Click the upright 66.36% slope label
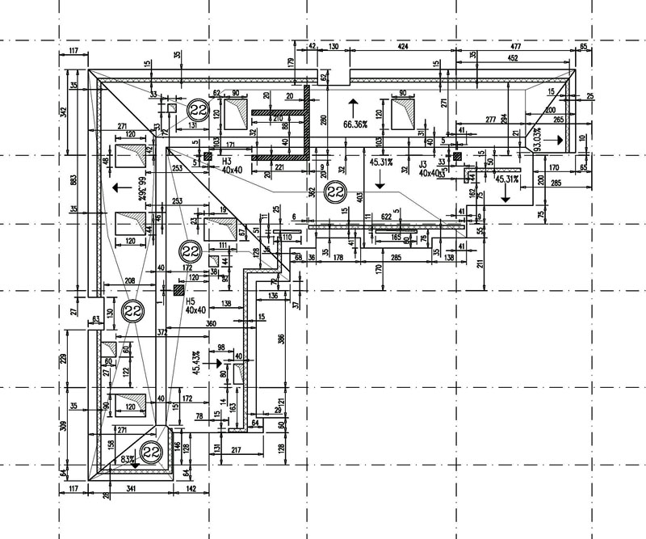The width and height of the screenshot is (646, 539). [354, 125]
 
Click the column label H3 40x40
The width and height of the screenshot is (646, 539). [232, 166]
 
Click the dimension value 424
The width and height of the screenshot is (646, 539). [401, 47]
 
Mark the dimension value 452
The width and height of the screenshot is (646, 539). [512, 58]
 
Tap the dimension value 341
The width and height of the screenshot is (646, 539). [129, 489]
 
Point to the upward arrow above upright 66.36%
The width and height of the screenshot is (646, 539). [353, 103]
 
